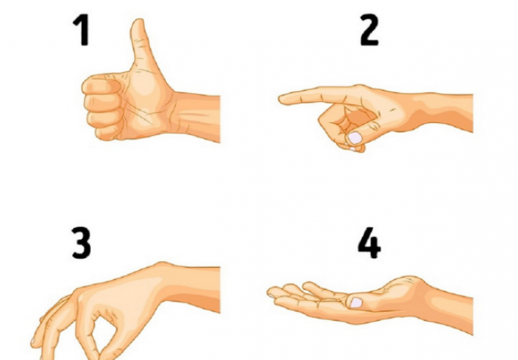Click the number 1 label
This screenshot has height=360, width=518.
(81, 29)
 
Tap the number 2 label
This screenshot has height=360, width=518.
(369, 29)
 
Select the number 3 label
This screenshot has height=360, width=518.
(81, 243)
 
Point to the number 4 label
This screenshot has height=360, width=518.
(369, 243)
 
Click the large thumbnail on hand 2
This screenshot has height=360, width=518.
(355, 137)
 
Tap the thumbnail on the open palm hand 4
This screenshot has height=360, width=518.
(356, 302)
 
